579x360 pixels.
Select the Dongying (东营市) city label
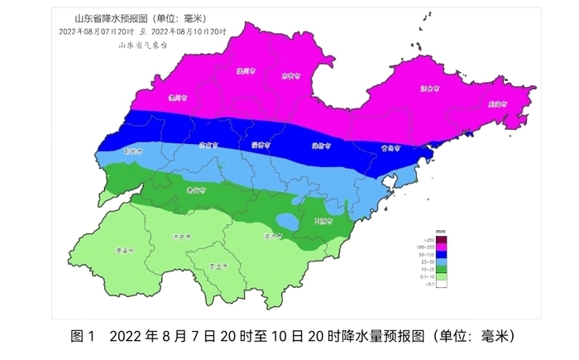coord(289,76)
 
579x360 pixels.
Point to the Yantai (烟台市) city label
coord(428,87)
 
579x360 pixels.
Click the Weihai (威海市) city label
coord(497,105)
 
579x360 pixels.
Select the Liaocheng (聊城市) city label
coord(132,151)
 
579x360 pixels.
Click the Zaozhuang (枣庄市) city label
coord(218,266)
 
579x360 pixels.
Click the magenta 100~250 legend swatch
coord(443,247)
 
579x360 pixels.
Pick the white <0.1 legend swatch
coord(443,285)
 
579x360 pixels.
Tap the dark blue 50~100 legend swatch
coord(443,255)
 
